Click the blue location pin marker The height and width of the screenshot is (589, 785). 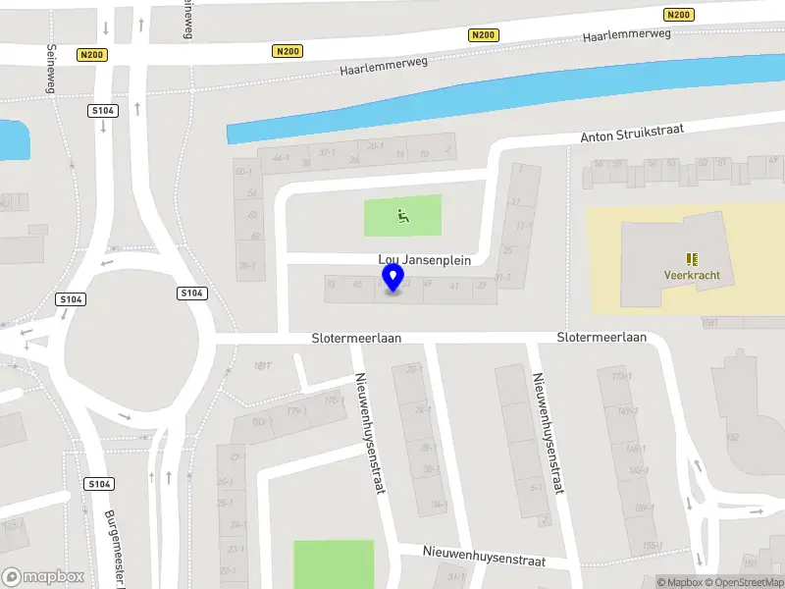point(393,278)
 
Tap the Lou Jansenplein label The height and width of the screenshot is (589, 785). point(425,261)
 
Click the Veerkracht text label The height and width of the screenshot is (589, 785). point(691,276)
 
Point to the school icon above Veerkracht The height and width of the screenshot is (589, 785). point(692,259)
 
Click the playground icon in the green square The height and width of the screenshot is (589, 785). point(402,216)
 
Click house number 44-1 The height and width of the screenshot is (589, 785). point(282,157)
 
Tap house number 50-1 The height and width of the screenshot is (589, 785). point(244,171)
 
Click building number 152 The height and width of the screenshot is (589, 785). point(732,438)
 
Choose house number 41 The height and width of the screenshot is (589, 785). point(454,286)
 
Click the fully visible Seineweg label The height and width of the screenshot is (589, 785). point(51,72)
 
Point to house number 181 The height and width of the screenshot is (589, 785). point(262,366)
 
